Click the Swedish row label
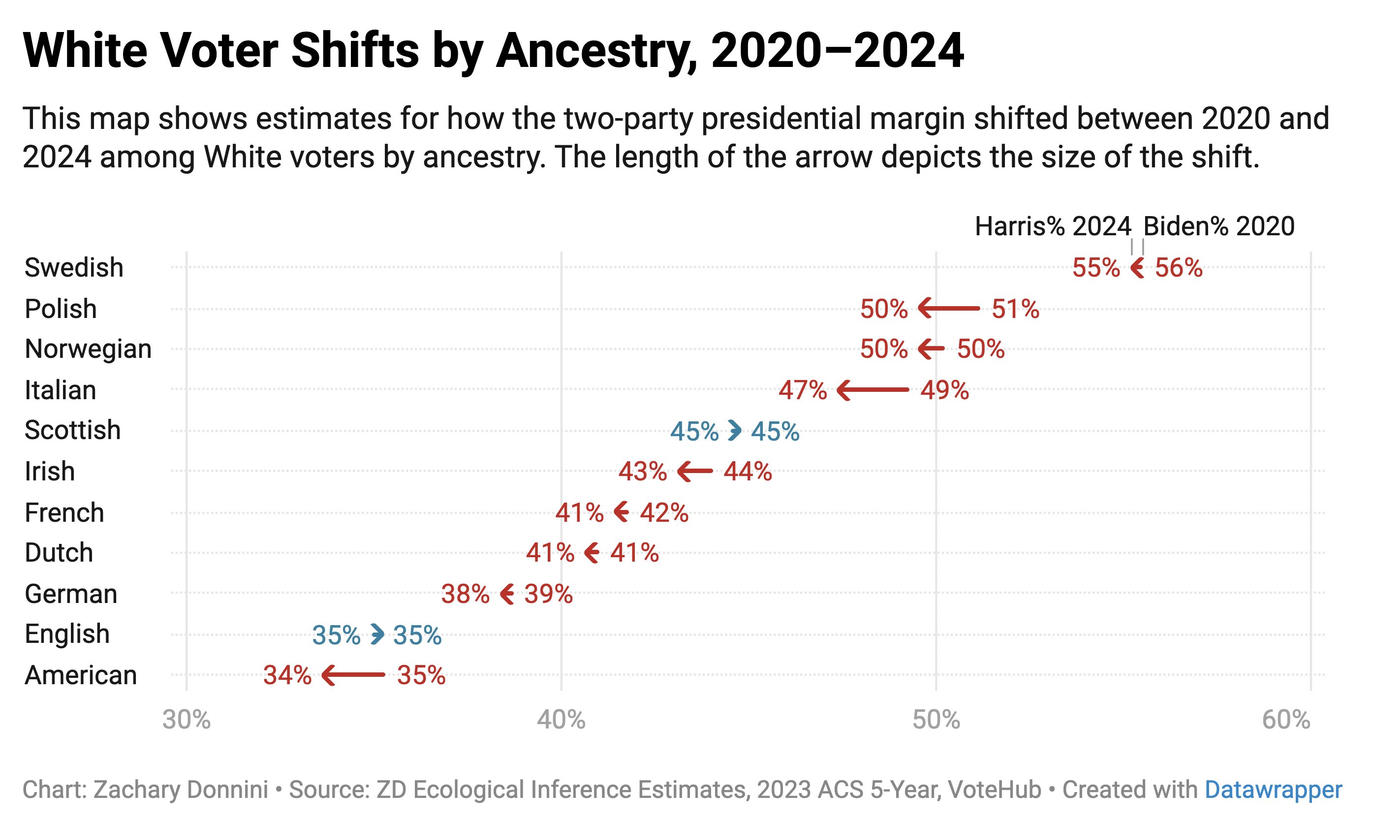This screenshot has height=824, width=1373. pos(74,268)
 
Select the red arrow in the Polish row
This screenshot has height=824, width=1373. pos(949,308)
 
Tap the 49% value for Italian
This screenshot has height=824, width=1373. pos(944,390)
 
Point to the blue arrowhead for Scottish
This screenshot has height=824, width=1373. pos(735,430)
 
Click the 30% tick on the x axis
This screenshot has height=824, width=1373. pos(187,720)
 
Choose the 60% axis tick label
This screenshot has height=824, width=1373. pos(1286,720)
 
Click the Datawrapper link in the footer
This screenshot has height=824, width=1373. pos(1273,790)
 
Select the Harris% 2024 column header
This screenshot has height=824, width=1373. pos(1053,226)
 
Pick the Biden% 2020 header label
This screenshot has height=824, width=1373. pos(1218,226)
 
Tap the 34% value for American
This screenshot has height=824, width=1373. pos(287,675)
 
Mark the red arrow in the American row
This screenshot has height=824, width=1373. pos(353,675)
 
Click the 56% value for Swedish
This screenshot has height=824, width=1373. pos(1179,268)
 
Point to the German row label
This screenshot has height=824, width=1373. pos(71,594)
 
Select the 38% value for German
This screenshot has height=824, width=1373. pos(465,594)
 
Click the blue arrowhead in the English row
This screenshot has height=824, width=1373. pos(377,634)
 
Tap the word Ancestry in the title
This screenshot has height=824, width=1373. pos(596,51)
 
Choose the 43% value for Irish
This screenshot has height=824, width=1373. pos(643,472)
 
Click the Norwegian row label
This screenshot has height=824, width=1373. pos(88,349)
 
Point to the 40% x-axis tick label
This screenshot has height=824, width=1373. pos(561,720)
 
